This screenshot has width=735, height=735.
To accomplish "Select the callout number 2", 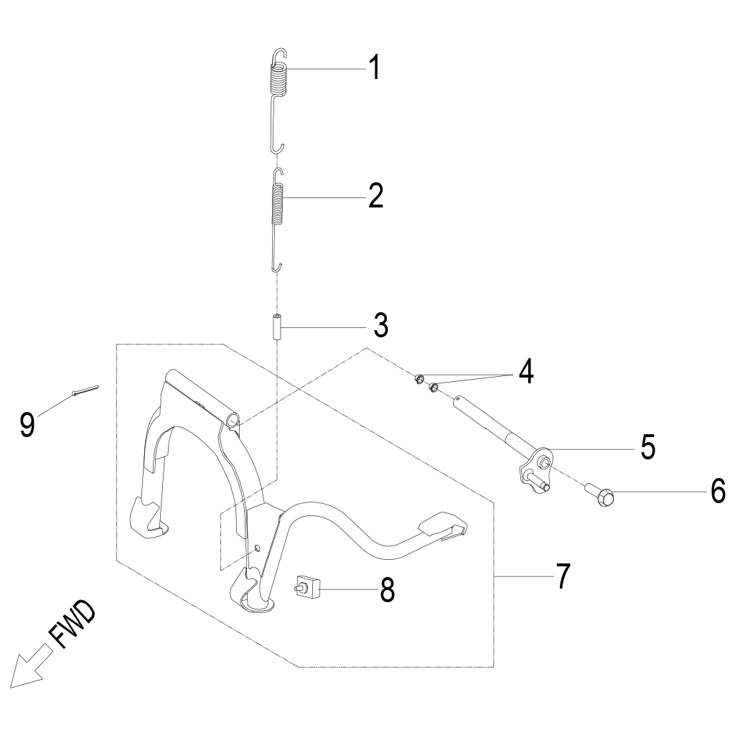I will click(375, 196).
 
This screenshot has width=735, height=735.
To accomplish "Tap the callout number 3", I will click(380, 326).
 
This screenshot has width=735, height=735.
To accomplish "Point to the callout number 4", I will click(526, 372).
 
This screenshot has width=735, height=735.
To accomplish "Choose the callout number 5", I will click(647, 448).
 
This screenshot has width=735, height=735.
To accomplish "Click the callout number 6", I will click(718, 492).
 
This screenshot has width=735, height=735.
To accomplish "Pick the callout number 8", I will click(387, 591).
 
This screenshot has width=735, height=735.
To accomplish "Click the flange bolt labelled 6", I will click(600, 494).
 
